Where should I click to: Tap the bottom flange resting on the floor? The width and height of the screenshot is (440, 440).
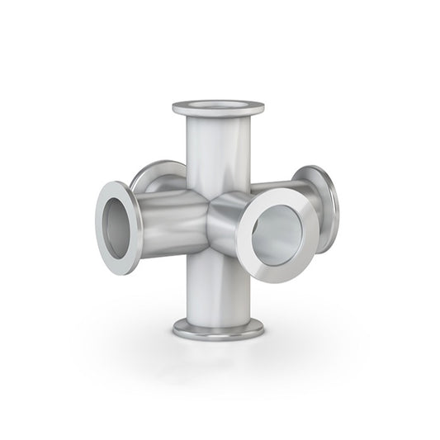(x=218, y=329)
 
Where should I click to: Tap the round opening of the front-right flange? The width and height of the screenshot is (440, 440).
(x=278, y=234)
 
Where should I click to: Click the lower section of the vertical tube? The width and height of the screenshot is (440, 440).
(x=217, y=285)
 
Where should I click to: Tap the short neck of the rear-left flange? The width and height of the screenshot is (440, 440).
(x=169, y=183)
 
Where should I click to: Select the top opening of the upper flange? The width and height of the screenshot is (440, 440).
(x=218, y=105)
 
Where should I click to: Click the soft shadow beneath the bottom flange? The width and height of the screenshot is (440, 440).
(x=218, y=347)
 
